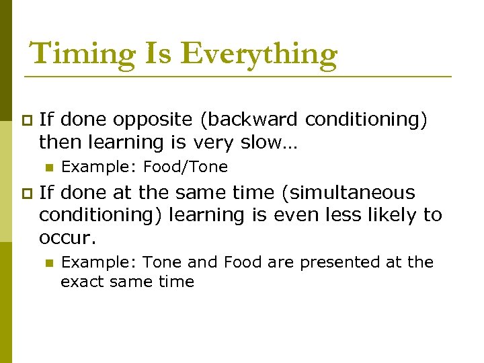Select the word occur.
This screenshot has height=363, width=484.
tap(67, 238)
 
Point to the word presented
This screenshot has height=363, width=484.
tap(333, 262)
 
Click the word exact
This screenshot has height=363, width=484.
tap(80, 282)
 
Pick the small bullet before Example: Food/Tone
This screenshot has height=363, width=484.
tap(48, 167)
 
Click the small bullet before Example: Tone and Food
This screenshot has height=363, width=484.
tap(48, 263)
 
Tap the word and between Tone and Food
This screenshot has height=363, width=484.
tap(202, 262)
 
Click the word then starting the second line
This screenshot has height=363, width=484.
tap(59, 143)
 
